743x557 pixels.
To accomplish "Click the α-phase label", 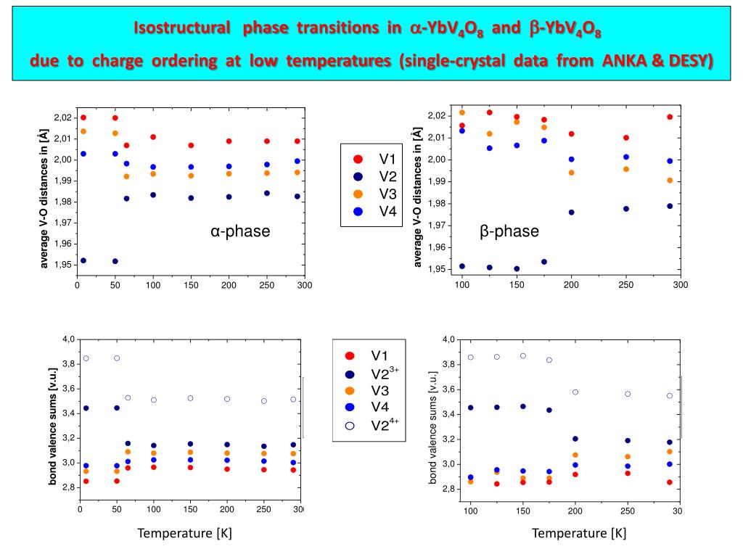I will point(240,231).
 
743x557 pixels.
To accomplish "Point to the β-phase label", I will point(509,231).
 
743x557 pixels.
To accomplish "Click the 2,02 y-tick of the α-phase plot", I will point(64,117).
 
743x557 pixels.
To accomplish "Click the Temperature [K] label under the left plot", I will point(185,534).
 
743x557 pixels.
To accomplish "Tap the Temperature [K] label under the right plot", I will point(579,534).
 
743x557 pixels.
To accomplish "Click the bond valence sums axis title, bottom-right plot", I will point(432,427).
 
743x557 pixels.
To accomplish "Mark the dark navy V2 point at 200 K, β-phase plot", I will point(571,213).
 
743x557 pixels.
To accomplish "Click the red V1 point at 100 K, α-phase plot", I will point(153,137).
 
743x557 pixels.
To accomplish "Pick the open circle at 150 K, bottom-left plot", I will point(191,398).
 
